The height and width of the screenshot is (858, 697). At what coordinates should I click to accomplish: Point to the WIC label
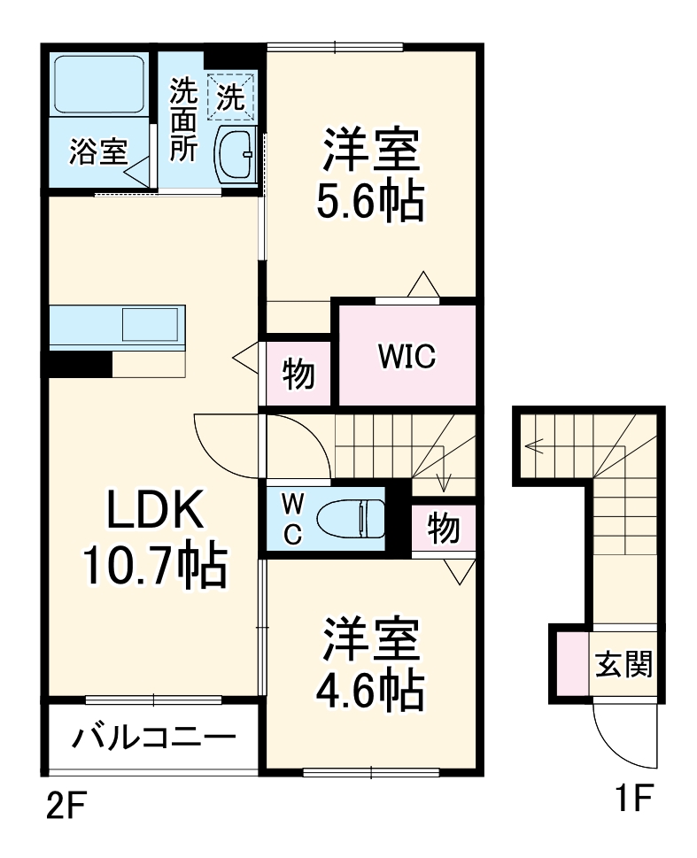pos(406,356)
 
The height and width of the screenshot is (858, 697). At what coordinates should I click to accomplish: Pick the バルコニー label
pos(154,738)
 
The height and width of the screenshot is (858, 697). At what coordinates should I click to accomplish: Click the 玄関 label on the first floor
pos(623,663)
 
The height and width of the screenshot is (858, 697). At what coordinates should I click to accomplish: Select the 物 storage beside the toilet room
pos(444,529)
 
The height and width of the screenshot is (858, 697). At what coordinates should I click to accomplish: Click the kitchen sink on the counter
pos(151,324)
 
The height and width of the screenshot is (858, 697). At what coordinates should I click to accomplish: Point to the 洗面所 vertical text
pos(183,120)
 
